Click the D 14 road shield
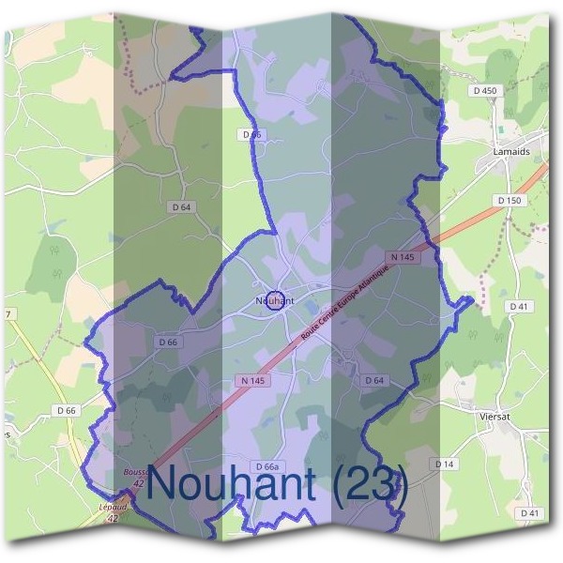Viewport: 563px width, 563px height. [444, 464]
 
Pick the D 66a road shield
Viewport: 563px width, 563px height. [266, 466]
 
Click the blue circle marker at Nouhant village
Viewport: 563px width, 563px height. [274, 300]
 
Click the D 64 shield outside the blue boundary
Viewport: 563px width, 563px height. [181, 206]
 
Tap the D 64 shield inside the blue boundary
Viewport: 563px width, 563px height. [373, 380]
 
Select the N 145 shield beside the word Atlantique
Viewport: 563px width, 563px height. [401, 256]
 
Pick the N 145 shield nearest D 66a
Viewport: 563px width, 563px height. [251, 380]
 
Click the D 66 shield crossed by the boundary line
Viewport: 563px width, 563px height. [252, 135]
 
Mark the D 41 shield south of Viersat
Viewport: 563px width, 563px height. [529, 513]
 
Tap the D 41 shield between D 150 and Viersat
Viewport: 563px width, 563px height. [518, 307]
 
